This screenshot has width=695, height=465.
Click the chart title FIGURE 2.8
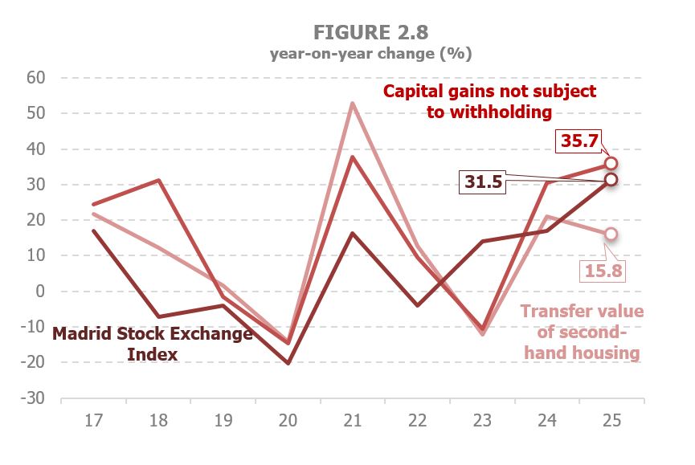370,32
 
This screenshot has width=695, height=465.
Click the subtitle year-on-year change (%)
370,55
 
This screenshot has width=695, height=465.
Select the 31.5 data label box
483,182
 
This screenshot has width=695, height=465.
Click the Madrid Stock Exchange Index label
153,344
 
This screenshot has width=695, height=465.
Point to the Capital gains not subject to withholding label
489,101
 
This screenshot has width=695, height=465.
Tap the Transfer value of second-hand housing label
582,332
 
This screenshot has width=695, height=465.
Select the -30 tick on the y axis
35,398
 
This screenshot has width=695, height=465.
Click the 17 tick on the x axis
93,421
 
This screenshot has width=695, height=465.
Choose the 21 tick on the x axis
352,421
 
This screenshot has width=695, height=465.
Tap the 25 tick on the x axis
611,421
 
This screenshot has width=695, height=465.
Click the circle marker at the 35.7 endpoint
611,164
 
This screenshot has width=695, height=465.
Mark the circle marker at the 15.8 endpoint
611,234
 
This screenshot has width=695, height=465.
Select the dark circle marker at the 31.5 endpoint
611,179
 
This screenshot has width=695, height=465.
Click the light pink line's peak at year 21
352,103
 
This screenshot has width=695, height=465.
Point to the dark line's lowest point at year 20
288,363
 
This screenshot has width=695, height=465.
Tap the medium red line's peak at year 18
158,180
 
